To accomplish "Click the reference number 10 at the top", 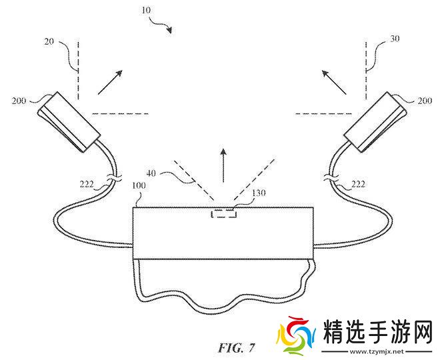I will point(147,11).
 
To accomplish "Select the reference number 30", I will point(395,39).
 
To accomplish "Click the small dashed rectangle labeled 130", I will point(223,213).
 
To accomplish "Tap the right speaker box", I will point(375,120).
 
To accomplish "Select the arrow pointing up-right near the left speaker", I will point(110,81).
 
